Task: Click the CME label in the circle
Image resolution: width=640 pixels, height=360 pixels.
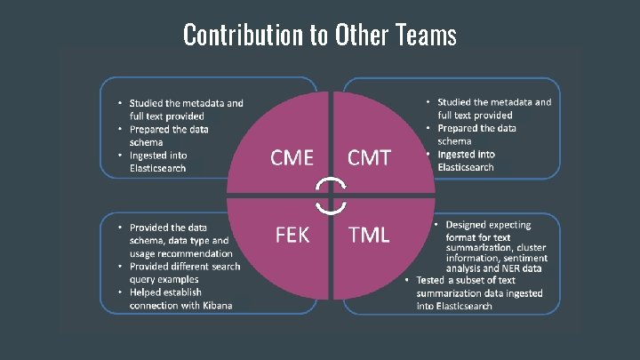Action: [x=292, y=158]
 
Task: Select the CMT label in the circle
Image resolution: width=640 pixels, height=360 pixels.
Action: [x=369, y=158]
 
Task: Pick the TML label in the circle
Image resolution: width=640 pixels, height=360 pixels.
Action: [x=369, y=235]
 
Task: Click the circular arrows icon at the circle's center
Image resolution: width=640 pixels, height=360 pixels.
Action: [x=332, y=196]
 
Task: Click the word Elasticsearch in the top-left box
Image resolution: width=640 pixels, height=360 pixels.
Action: [x=157, y=167]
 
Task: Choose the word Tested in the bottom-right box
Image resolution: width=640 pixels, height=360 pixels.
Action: [x=447, y=280]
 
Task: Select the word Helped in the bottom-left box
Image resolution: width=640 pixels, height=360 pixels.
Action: [x=148, y=292]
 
